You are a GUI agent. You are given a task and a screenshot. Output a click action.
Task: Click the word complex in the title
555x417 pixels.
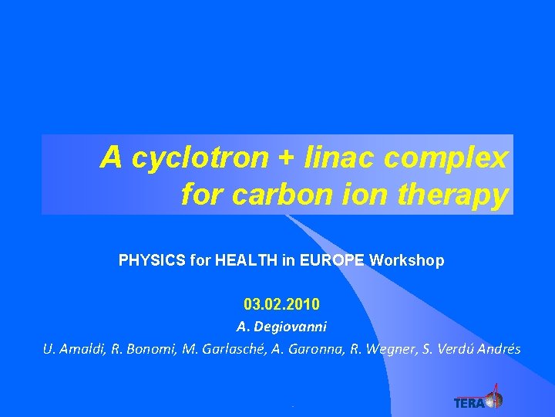click(x=446, y=159)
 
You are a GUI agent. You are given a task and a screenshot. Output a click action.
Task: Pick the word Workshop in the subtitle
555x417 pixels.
click(x=407, y=261)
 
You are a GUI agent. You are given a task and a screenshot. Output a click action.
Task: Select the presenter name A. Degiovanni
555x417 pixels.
click(x=281, y=327)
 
